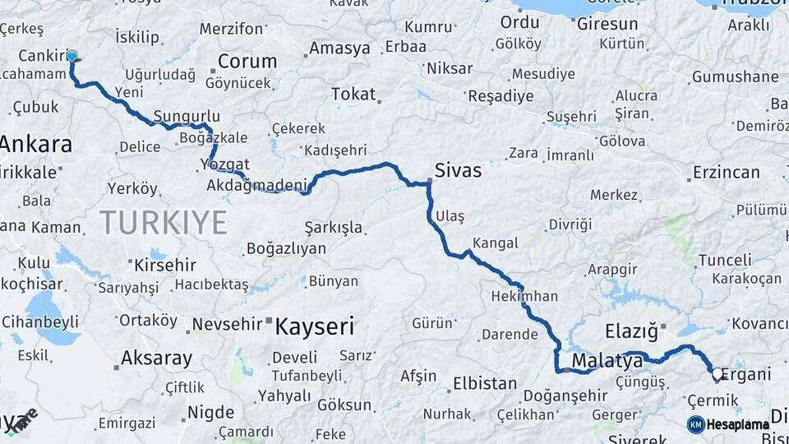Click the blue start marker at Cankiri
pos(72,57)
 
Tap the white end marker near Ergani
pos(717,375)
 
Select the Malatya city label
pos(607,360)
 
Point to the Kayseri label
pos(314,327)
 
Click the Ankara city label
pos(35,145)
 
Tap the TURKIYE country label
pos(163,222)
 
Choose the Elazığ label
pos(631,332)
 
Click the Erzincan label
pos(726,172)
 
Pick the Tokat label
pos(354,95)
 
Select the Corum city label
pos(247,61)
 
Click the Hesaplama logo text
pos(740,425)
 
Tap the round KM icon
pos(695,425)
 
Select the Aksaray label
pos(156,358)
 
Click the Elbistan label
pos(485,383)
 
